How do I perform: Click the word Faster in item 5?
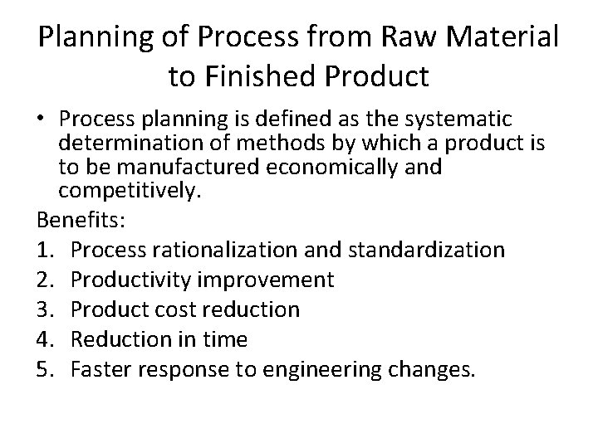[x=98, y=368]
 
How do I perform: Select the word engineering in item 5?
[x=331, y=368]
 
